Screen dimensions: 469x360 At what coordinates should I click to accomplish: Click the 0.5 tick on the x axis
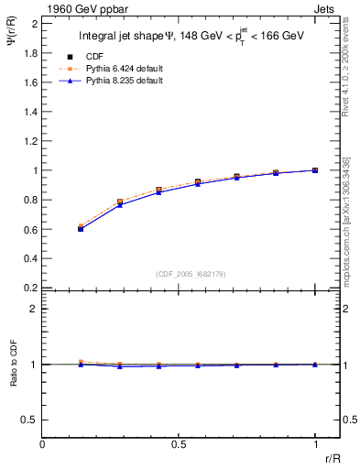pos(179,444)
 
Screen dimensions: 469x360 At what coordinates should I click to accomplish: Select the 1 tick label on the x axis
pos(315,444)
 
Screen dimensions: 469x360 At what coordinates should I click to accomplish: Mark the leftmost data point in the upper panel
pos(81,228)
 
